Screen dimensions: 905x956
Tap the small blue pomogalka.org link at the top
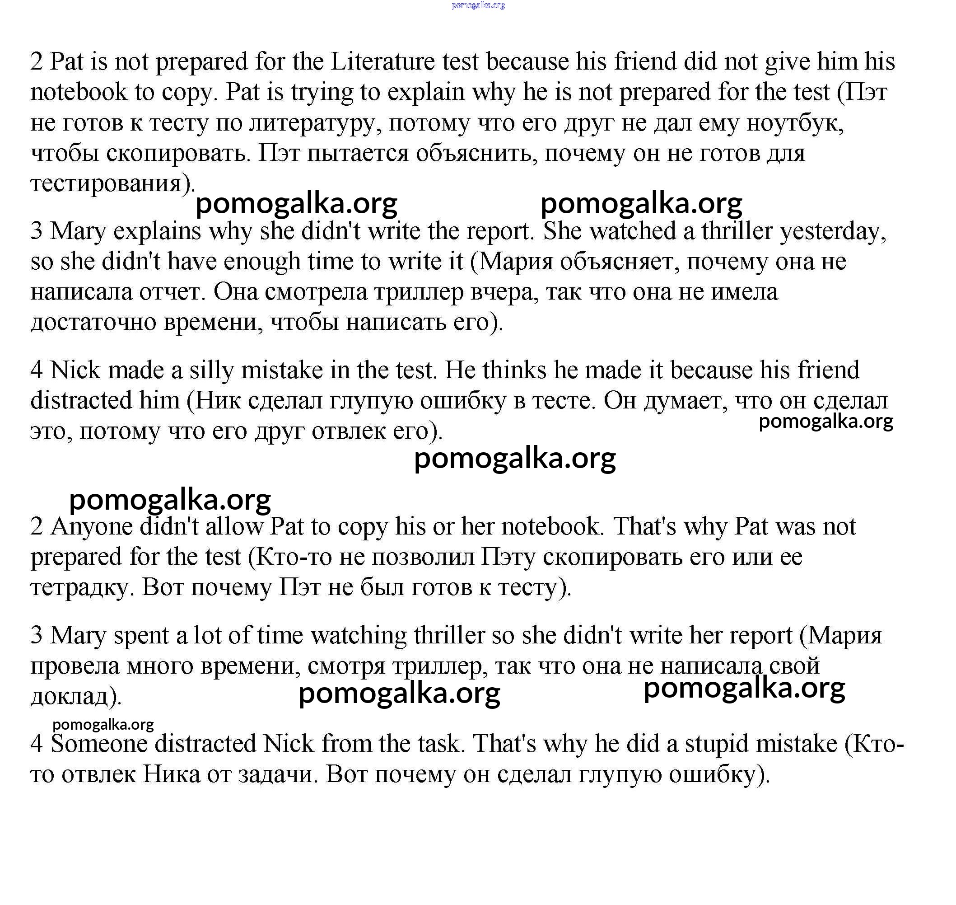click(478, 5)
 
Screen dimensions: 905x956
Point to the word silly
click(212, 370)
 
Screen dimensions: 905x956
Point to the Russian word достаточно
click(93, 322)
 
